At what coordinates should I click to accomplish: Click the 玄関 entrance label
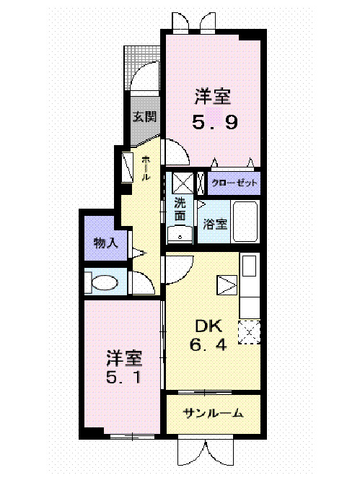tap(144, 116)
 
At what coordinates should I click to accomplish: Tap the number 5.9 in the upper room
tap(215, 123)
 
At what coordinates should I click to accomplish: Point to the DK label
tap(208, 326)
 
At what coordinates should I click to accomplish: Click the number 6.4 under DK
tap(208, 344)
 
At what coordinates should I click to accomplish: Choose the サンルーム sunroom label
tap(212, 414)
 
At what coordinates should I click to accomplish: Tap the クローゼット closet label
tap(234, 183)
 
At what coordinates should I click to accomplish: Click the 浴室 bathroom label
tap(215, 224)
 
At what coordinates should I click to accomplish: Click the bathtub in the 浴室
tap(246, 223)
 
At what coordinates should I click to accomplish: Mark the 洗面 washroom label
tap(180, 209)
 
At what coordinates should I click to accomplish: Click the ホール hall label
tap(146, 168)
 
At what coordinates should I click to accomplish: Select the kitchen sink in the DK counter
tap(250, 266)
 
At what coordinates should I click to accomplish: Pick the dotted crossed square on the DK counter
tap(249, 330)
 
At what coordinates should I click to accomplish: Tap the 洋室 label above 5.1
tap(124, 357)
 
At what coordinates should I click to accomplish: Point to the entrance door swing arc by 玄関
tap(149, 72)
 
